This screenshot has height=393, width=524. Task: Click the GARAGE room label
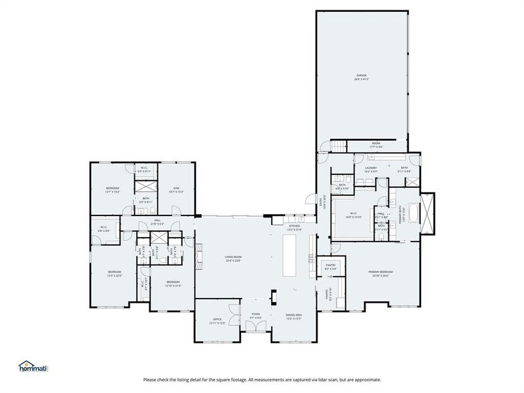pyautogui.click(x=362, y=77)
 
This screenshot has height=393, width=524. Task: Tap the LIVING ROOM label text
pyautogui.click(x=234, y=259)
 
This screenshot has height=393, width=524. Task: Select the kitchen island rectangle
pyautogui.click(x=290, y=256)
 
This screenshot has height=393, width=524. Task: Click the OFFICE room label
pyautogui.click(x=217, y=321)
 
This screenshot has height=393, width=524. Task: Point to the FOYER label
pyautogui.click(x=255, y=316)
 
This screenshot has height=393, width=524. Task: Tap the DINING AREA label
pyautogui.click(x=293, y=316)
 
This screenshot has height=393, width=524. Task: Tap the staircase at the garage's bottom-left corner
pyautogui.click(x=337, y=147)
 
